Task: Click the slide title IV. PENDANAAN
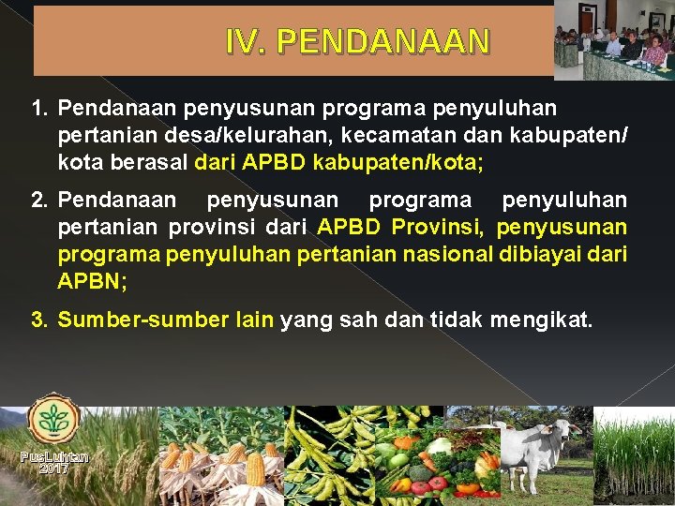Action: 357,41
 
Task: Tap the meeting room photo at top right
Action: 613,40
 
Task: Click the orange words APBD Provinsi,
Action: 402,228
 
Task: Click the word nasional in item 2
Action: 437,254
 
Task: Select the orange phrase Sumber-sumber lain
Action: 165,320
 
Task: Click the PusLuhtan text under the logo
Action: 53,457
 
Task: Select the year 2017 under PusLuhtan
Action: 53,469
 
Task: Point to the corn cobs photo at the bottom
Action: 220,459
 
